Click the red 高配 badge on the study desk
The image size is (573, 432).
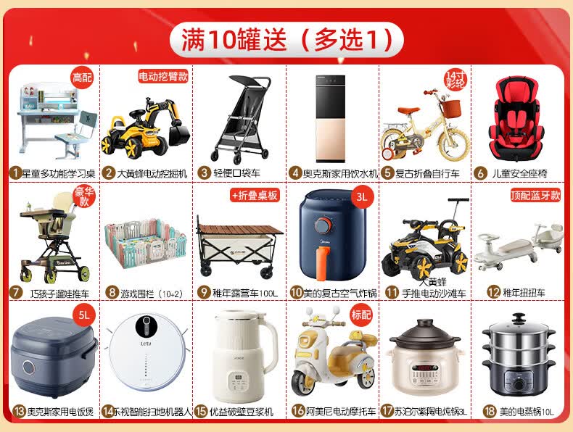pyautogui.click(x=82, y=78)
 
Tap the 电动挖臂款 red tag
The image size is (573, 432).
pyautogui.click(x=163, y=76)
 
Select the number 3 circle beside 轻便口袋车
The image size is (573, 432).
pyautogui.click(x=204, y=173)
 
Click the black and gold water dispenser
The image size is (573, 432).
pyautogui.click(x=330, y=119)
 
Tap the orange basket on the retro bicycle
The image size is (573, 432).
pyautogui.click(x=450, y=109)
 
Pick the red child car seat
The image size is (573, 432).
pyautogui.click(x=516, y=119)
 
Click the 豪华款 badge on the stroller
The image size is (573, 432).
pyautogui.click(x=84, y=196)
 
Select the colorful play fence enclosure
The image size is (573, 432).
pyautogui.click(x=146, y=244)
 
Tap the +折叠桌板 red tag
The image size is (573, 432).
pyautogui.click(x=255, y=196)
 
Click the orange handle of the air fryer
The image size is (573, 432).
pyautogui.click(x=322, y=263)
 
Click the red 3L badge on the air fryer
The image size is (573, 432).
pyautogui.click(x=362, y=197)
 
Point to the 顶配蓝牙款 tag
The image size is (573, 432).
pyautogui.click(x=535, y=196)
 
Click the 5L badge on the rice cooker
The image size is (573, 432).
pyautogui.click(x=84, y=315)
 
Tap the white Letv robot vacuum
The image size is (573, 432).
pyautogui.click(x=147, y=352)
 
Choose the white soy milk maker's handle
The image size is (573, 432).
pyautogui.click(x=271, y=341)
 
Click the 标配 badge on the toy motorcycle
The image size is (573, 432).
pyautogui.click(x=361, y=315)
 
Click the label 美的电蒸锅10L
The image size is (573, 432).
pyautogui.click(x=527, y=412)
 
